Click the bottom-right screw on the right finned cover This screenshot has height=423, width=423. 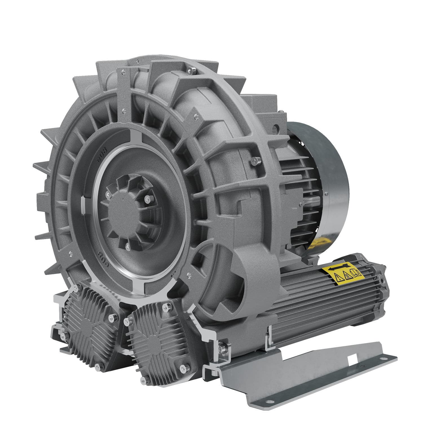pos(185,368)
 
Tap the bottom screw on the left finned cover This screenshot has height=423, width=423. pos(97,366)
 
